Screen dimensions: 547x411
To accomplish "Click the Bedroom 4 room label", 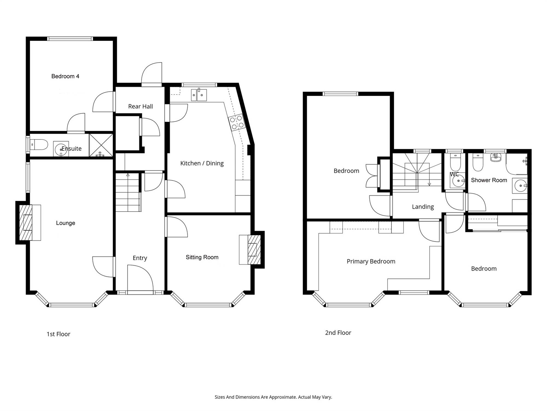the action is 65,76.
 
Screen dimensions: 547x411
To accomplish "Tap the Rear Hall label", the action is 141,106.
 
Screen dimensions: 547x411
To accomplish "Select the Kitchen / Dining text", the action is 202,163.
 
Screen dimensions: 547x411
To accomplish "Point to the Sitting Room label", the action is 202,257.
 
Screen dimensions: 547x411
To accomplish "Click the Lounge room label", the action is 66,223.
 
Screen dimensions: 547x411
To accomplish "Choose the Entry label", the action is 140,258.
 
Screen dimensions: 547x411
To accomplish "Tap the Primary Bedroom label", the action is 371,261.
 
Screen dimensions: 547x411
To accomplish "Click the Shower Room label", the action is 489,180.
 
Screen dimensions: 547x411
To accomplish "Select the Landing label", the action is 423,207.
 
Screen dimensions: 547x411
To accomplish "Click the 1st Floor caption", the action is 59,334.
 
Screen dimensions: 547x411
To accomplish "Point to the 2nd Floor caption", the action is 338,333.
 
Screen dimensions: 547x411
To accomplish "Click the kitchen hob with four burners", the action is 237,122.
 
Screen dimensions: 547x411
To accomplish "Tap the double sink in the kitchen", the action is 199,95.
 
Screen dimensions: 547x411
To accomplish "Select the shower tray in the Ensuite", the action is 101,145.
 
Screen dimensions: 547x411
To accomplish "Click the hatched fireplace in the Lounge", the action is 26,222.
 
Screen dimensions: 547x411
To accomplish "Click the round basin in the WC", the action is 459,181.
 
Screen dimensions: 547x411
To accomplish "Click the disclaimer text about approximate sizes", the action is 273,397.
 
